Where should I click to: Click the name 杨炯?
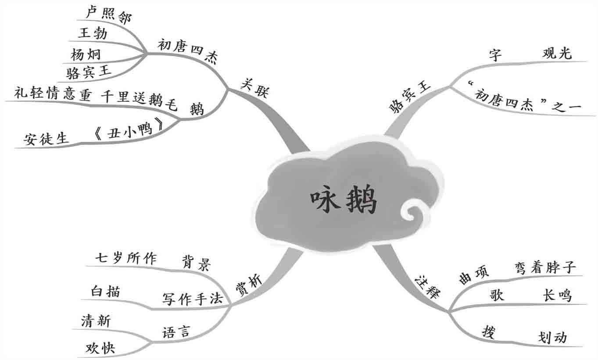point(85,54)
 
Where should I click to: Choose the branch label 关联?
point(255,88)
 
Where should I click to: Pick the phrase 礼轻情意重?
point(52,94)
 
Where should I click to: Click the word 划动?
point(552,337)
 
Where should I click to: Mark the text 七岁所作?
point(126,258)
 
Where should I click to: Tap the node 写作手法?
point(193,299)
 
